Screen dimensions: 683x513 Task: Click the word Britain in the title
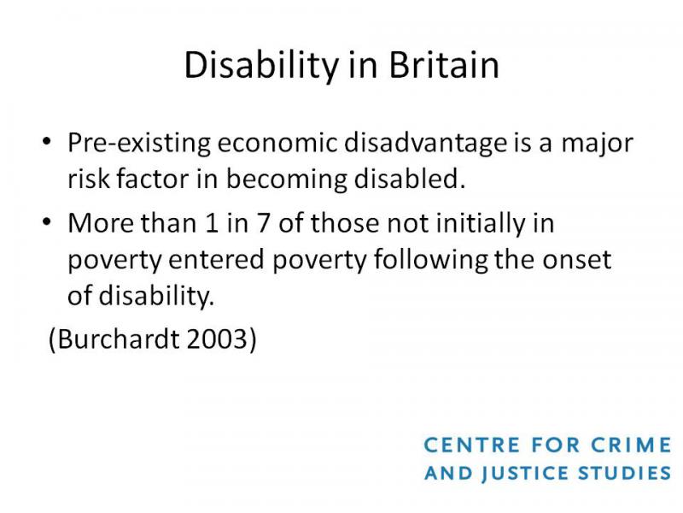coord(443,65)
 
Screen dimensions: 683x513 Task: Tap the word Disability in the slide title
coord(261,67)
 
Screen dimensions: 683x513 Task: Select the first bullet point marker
coord(47,142)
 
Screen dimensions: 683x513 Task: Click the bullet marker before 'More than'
coord(47,222)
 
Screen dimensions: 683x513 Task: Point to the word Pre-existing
coord(139,144)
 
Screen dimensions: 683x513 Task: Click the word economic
coord(277,143)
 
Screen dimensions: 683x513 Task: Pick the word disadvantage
coord(425,144)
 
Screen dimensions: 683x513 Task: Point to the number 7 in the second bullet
coord(263,223)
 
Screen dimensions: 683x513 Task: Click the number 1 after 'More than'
coord(212,223)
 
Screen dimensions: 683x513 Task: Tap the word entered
coord(216,260)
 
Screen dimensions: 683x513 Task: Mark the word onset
coord(577,260)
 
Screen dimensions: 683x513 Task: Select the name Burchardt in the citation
coord(118,339)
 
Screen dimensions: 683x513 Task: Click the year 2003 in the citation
coord(217,339)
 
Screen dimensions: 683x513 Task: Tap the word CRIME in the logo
coord(631,445)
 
